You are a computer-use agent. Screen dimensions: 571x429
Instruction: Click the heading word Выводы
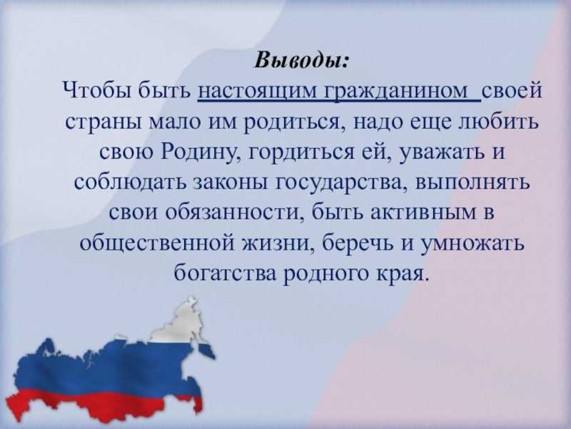[300, 61]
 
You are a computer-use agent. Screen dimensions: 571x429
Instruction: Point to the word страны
[103, 122]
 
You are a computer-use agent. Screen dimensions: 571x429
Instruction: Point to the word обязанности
[234, 212]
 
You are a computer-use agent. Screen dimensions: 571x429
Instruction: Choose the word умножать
[473, 242]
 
